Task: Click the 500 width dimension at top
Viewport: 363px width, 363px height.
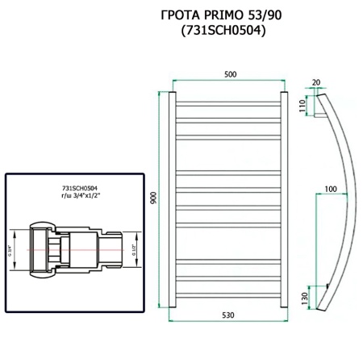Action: pyautogui.click(x=229, y=74)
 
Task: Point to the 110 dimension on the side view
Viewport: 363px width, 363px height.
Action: pyautogui.click(x=302, y=107)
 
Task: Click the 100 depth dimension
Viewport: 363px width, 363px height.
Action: pyautogui.click(x=331, y=189)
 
